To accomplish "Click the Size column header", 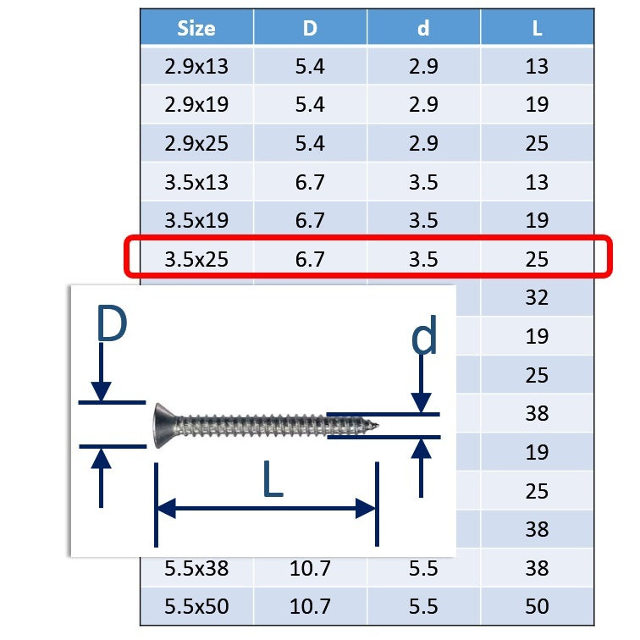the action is pos(196,29).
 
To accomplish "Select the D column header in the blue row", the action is pos(310,29).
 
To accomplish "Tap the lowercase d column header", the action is pos(423,28).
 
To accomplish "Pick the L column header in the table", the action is pos(537,29).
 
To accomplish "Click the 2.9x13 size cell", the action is pos(196,67).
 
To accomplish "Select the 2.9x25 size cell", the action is pos(196,144).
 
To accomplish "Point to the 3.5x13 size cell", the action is pos(196,182).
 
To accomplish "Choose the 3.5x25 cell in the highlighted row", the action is pos(196,259).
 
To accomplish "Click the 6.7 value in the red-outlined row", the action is pos(310,259).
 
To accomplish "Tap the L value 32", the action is pos(537,297).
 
